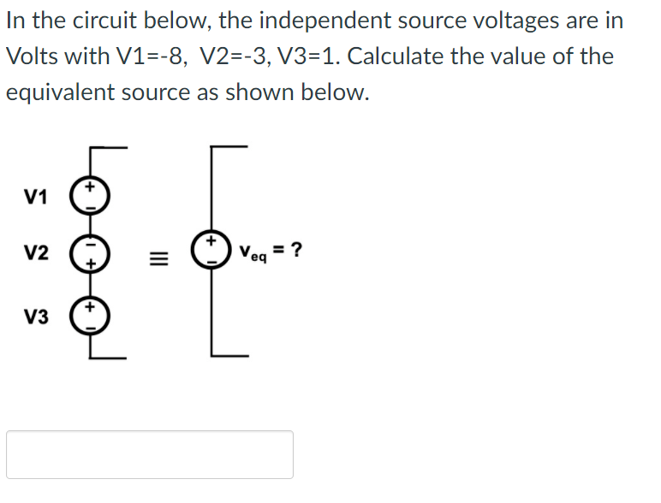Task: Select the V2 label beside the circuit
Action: coord(36,254)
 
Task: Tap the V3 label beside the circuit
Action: coord(36,317)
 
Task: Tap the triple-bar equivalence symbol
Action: coord(159,256)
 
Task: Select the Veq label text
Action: coord(253,252)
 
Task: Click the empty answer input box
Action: coord(150,454)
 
